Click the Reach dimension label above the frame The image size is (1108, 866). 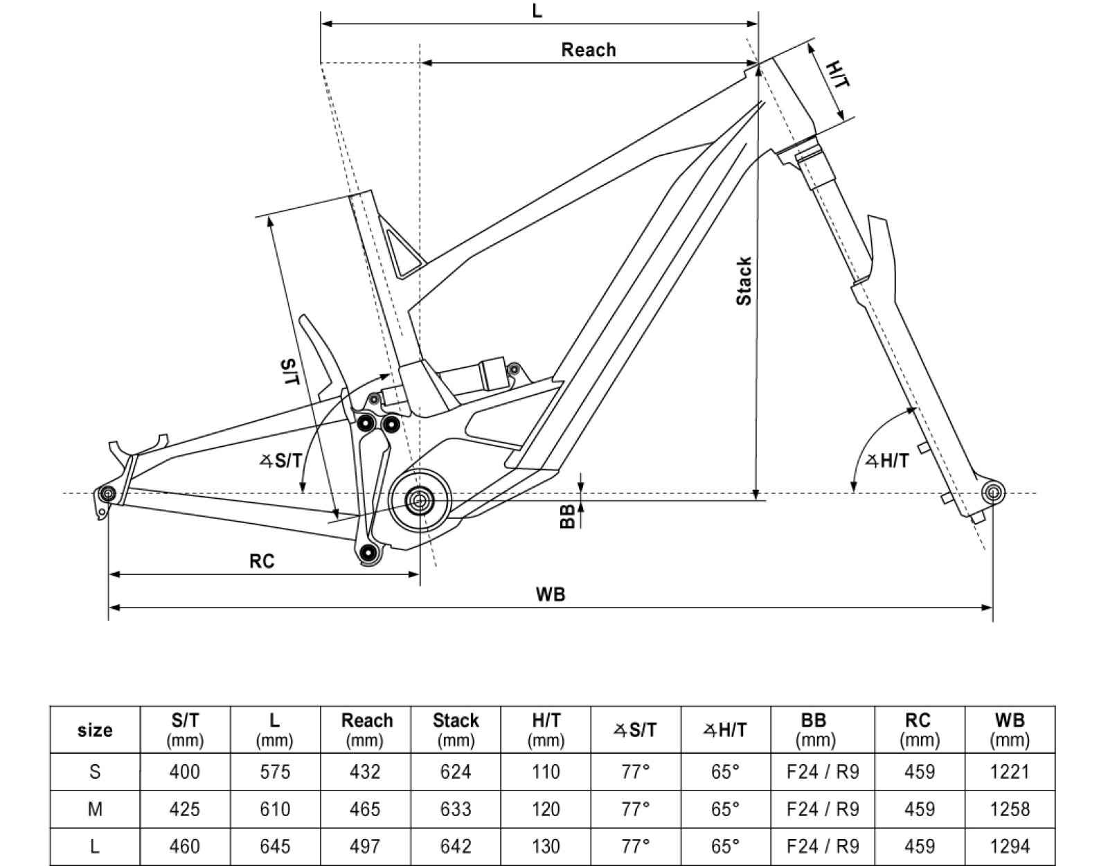pyautogui.click(x=589, y=50)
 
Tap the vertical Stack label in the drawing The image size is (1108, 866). pyautogui.click(x=744, y=281)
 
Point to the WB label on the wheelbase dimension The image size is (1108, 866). pyautogui.click(x=551, y=594)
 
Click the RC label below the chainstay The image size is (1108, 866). pyautogui.click(x=262, y=561)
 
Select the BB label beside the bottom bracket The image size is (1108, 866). pyautogui.click(x=568, y=516)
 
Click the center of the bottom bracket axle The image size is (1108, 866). pyautogui.click(x=420, y=501)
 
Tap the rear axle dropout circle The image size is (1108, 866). pyautogui.click(x=108, y=493)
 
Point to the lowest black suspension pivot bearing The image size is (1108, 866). pyautogui.click(x=368, y=552)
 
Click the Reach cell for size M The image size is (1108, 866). pyautogui.click(x=365, y=809)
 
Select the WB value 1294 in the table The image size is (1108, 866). pyautogui.click(x=1010, y=847)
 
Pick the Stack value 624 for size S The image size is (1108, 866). pyautogui.click(x=456, y=772)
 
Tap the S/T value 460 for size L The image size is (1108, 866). pyautogui.click(x=185, y=847)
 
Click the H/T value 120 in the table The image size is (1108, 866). pyautogui.click(x=546, y=809)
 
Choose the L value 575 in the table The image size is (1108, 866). pyautogui.click(x=275, y=772)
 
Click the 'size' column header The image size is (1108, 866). pyautogui.click(x=95, y=730)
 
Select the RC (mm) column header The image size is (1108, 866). pyautogui.click(x=920, y=730)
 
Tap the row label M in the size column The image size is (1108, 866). pyautogui.click(x=95, y=809)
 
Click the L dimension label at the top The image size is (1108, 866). pyautogui.click(x=537, y=10)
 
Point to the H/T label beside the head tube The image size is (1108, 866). pyautogui.click(x=838, y=74)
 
